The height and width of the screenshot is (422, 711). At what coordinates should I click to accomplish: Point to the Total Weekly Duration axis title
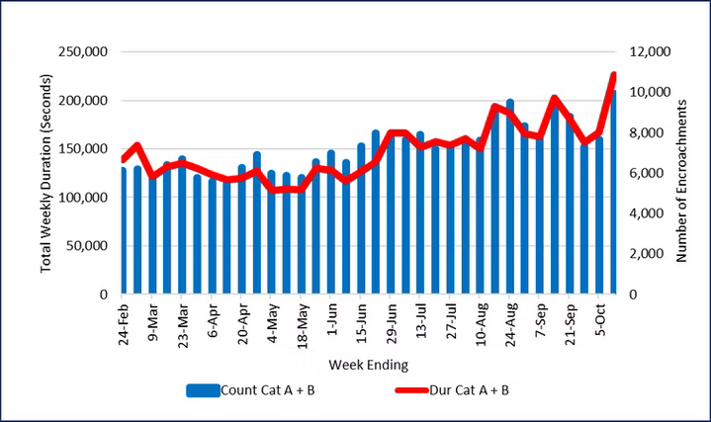coord(46,172)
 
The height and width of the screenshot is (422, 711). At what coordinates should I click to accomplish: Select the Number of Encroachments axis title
coord(681,173)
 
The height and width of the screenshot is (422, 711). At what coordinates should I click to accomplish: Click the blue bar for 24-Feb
coord(123,231)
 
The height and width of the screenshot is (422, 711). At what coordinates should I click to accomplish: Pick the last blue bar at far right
coord(614,193)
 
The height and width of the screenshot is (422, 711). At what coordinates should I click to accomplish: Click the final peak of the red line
coord(613,75)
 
